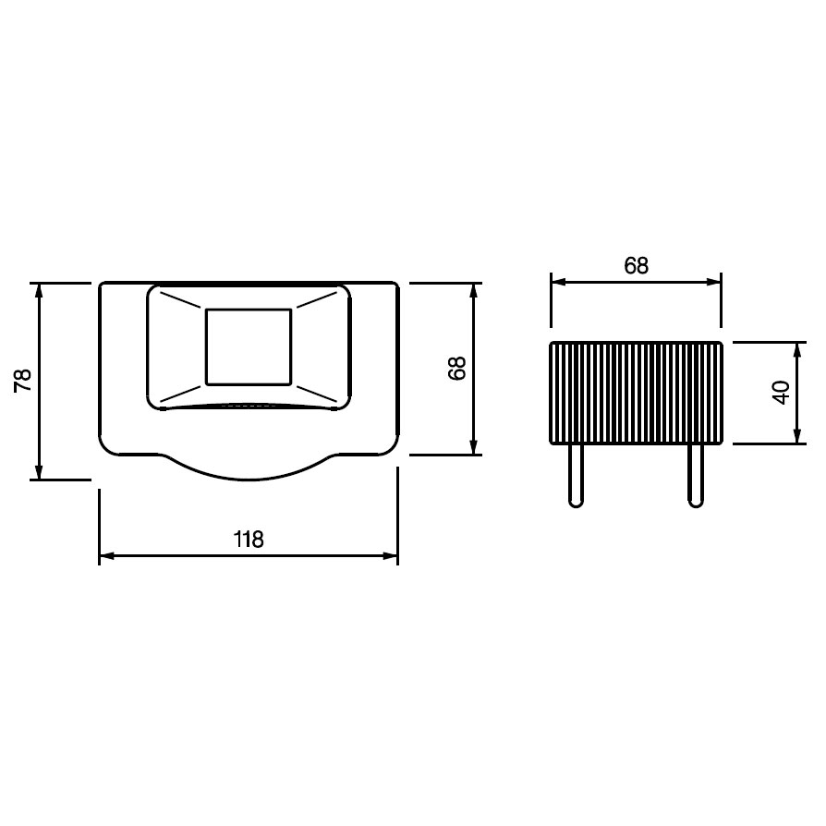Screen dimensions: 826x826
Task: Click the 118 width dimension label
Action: (x=249, y=539)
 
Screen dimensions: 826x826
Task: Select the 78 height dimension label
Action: (x=23, y=381)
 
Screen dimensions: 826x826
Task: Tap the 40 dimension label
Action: (x=781, y=393)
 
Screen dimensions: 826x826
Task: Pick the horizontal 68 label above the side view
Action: (x=636, y=265)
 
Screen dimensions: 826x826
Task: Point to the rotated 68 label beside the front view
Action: (x=456, y=369)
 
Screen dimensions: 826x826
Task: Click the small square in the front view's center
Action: (x=249, y=347)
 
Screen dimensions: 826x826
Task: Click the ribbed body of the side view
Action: (x=636, y=393)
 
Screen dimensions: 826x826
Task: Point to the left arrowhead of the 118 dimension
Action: (x=106, y=556)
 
